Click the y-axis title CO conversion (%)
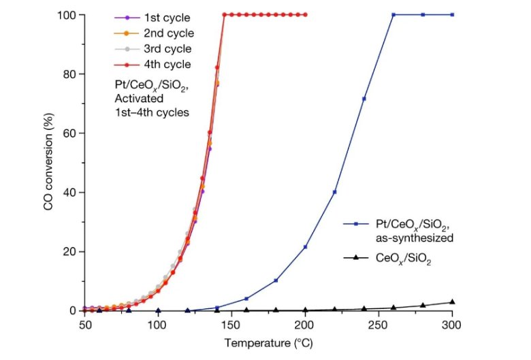click(49, 163)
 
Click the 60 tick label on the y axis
click(71, 133)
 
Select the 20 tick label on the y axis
click(71, 252)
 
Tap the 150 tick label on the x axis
click(231, 325)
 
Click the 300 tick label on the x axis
click(452, 325)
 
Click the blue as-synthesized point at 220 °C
click(334, 192)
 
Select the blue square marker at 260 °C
click(393, 14)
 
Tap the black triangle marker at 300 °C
click(452, 301)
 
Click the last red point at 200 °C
click(305, 14)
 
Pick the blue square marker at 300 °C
click(452, 14)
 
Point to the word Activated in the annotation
click(140, 98)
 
